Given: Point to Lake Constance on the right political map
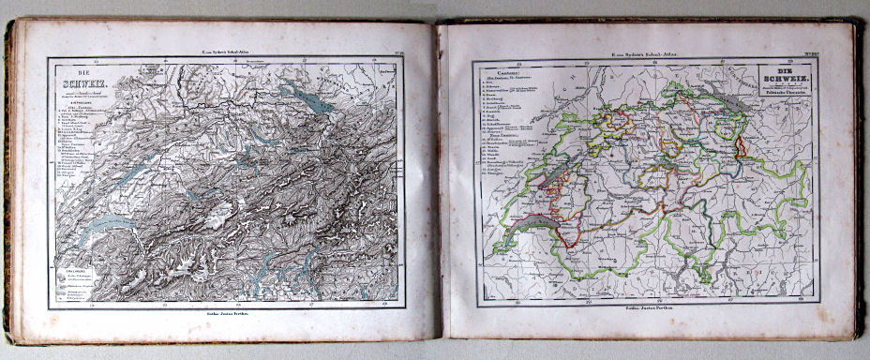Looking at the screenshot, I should point(729,94).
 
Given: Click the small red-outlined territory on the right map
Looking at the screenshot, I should point(739,146).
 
